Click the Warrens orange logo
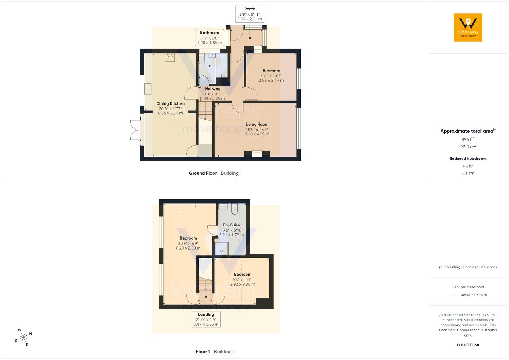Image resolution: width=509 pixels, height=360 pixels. (x=468, y=27)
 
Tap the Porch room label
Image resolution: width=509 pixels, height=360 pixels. (x=249, y=9)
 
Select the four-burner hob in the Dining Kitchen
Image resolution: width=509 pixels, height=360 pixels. (x=170, y=57)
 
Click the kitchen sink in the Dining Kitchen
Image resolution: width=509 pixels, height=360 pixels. (x=148, y=89)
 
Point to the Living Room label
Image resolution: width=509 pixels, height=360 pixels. (x=257, y=124)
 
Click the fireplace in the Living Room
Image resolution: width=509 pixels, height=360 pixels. (x=257, y=154)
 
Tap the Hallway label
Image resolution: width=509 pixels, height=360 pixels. (x=212, y=89)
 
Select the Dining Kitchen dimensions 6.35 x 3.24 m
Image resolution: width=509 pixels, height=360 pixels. (x=170, y=113)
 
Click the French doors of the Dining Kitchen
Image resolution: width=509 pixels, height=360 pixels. (x=136, y=130)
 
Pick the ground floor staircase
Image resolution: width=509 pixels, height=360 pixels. (x=206, y=110)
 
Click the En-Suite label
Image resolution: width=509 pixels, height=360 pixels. (x=231, y=225)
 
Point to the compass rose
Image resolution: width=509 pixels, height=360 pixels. (x=23, y=337)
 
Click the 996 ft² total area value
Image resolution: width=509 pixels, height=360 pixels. (x=468, y=139)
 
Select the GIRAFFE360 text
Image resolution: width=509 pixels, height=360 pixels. (x=468, y=345)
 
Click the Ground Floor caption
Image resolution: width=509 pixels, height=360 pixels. (x=203, y=173)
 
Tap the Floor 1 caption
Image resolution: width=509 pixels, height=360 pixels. (x=203, y=352)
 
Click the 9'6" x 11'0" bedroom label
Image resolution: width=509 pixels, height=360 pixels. (x=243, y=279)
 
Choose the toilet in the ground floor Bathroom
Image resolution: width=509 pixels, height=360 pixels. (x=202, y=59)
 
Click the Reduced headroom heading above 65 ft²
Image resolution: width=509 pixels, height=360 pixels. (x=468, y=159)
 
